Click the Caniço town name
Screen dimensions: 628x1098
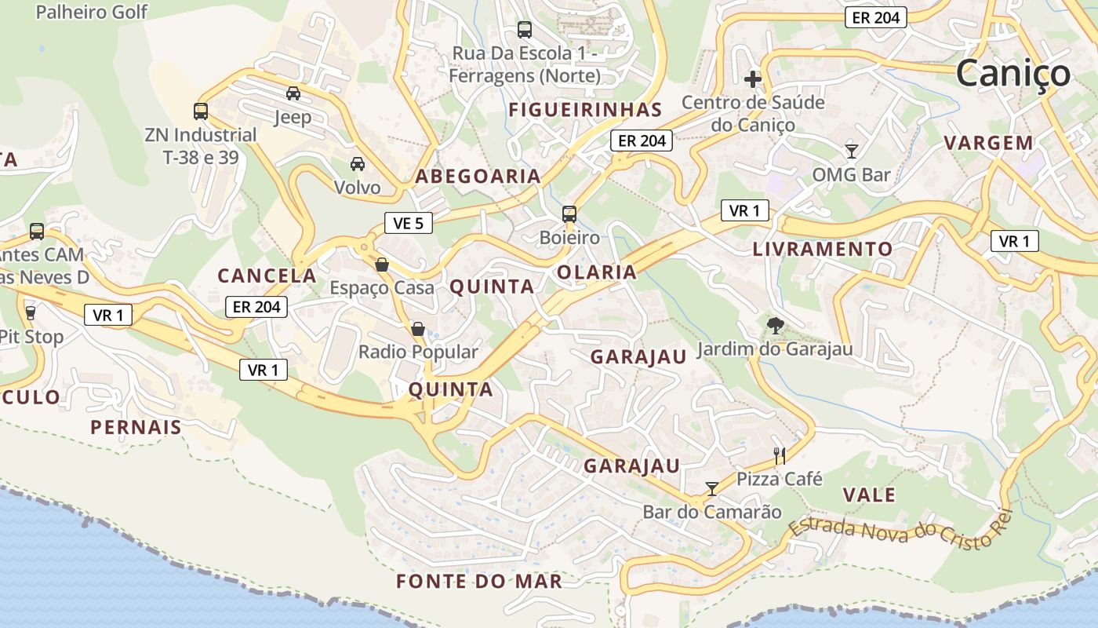[x=1013, y=73]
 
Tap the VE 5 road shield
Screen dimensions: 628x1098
[x=408, y=223]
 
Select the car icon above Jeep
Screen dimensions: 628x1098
[x=293, y=93]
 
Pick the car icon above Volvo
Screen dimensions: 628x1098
[x=358, y=163]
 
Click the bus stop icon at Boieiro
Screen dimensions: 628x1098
[x=569, y=214]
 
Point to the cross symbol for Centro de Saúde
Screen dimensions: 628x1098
[x=753, y=78]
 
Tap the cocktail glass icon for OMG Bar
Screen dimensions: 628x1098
[x=852, y=151]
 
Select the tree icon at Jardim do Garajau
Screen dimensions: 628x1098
[x=776, y=325]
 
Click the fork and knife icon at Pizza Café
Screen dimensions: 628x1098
[x=780, y=455]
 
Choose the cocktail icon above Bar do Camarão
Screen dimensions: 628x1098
[x=711, y=489]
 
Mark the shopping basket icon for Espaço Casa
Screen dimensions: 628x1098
[x=382, y=265]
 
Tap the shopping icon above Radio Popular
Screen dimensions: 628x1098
[x=418, y=328]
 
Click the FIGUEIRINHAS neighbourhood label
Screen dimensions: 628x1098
[x=585, y=109]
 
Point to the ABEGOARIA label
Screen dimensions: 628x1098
[x=478, y=176]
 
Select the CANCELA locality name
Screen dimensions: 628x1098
[x=267, y=276]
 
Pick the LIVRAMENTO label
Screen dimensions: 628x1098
[x=822, y=249]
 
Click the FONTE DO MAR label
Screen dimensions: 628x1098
[x=479, y=581]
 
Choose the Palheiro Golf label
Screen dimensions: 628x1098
[x=91, y=12]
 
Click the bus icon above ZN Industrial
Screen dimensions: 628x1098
[x=201, y=111]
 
